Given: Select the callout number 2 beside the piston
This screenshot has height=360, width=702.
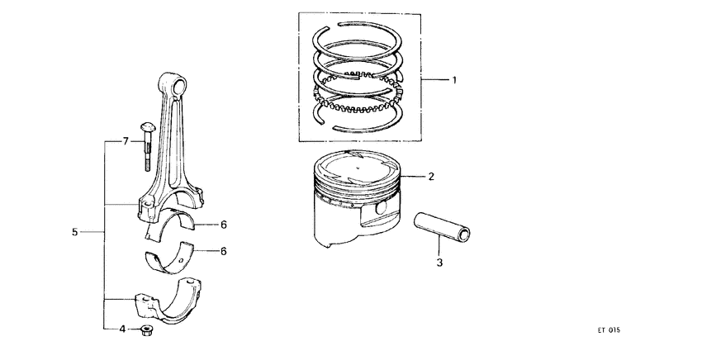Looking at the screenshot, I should [430, 177].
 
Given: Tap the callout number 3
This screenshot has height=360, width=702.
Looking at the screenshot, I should [439, 263].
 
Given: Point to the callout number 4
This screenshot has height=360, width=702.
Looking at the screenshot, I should [122, 329].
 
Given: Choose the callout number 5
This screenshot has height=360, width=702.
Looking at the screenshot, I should [74, 234].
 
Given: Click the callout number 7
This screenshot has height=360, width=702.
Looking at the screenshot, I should [126, 142].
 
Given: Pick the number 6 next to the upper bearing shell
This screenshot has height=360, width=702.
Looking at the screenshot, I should [223, 223].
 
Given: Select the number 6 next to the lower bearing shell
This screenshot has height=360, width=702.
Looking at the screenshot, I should [223, 251].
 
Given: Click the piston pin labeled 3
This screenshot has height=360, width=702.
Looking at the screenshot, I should [443, 226].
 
